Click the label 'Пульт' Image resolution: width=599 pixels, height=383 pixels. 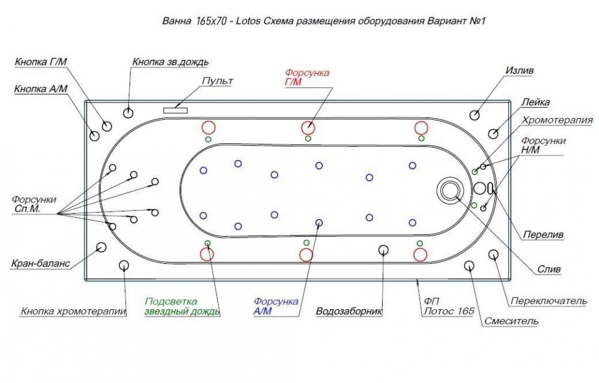(x=217, y=82)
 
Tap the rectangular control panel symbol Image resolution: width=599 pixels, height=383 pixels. (x=176, y=110)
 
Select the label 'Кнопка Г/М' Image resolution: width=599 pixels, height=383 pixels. (x=41, y=62)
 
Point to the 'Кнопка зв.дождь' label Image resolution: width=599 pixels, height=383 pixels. (x=170, y=62)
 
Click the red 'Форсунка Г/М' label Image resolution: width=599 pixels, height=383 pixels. (x=307, y=77)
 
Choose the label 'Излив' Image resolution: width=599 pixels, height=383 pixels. (x=519, y=71)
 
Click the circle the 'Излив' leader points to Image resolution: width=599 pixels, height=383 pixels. (x=474, y=115)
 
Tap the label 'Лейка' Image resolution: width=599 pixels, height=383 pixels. (x=536, y=102)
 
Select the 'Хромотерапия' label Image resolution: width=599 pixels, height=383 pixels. (x=557, y=120)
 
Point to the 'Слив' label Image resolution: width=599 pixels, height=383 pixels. (x=549, y=270)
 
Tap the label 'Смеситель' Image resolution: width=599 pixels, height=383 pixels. (x=511, y=321)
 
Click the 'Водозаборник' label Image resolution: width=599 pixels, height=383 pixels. (x=349, y=312)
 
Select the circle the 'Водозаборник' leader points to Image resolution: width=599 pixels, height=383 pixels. (x=383, y=250)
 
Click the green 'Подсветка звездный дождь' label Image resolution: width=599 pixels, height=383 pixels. (x=182, y=306)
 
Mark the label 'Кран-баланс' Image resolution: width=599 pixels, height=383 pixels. (x=41, y=263)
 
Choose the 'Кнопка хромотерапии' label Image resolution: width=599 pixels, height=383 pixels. (x=73, y=312)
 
